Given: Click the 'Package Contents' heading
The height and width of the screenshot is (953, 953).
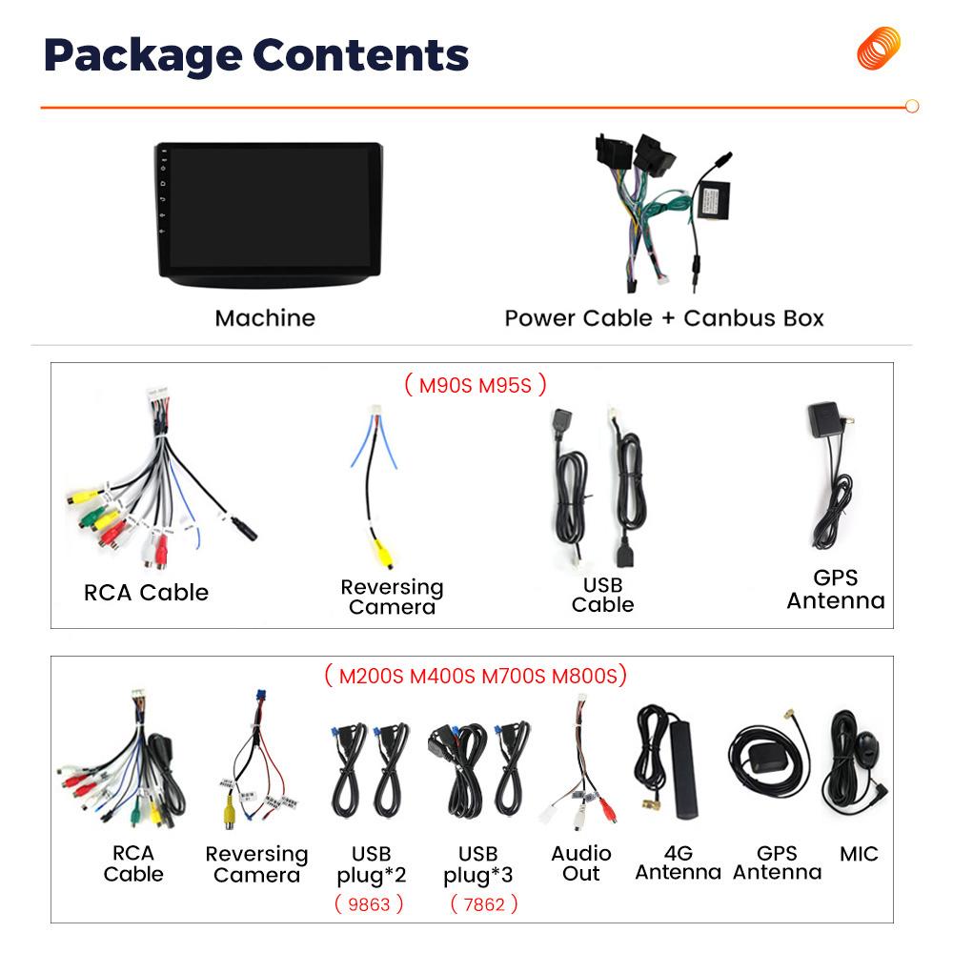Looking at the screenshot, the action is pos(255,56).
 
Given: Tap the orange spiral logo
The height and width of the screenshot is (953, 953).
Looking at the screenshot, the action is pos(879,48).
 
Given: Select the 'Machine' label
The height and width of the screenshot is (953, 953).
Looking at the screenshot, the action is pos(265,318).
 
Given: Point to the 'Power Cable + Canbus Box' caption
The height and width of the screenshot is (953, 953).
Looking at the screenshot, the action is pos(663,318).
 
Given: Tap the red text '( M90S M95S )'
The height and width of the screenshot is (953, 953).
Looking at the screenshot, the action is pos(476,385).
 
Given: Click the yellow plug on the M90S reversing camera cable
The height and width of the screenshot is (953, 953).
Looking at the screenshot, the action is pos(382,552).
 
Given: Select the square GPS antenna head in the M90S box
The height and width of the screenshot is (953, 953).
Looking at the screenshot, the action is pos(824,419).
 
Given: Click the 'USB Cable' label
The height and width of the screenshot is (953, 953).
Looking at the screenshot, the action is pos(602,595).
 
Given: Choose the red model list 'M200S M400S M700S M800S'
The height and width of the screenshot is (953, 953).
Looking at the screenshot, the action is pos(476,676).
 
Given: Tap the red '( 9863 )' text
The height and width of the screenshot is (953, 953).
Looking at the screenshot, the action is pos(369,904).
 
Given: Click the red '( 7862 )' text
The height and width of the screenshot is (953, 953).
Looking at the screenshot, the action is pos(484,904).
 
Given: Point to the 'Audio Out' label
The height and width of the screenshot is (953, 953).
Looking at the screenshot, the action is pos(581,863).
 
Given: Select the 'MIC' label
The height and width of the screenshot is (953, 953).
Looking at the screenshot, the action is pos(859,854).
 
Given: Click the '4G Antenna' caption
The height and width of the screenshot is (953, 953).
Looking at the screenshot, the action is pos(679,863).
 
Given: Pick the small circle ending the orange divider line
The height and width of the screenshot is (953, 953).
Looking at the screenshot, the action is pos(912,107).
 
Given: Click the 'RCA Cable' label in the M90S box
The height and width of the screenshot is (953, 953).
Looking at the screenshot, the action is pos(146,593).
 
